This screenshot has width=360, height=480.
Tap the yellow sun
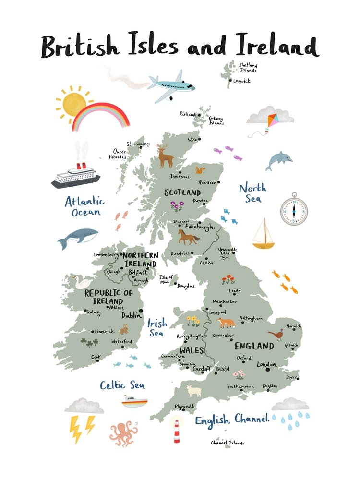point(73,102)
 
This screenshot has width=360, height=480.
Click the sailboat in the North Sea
point(263,234)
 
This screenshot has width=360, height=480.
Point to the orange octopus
point(123,433)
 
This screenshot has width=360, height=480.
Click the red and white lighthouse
point(177,430)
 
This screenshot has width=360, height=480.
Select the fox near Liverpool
point(225,322)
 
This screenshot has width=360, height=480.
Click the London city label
point(267,364)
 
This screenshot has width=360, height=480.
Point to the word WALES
point(192,350)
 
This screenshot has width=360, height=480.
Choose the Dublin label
point(131,315)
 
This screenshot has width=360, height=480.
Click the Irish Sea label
point(156,327)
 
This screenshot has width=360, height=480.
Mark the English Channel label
point(231,420)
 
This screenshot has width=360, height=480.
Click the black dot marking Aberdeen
point(218,182)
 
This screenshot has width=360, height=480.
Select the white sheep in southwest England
point(194,391)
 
